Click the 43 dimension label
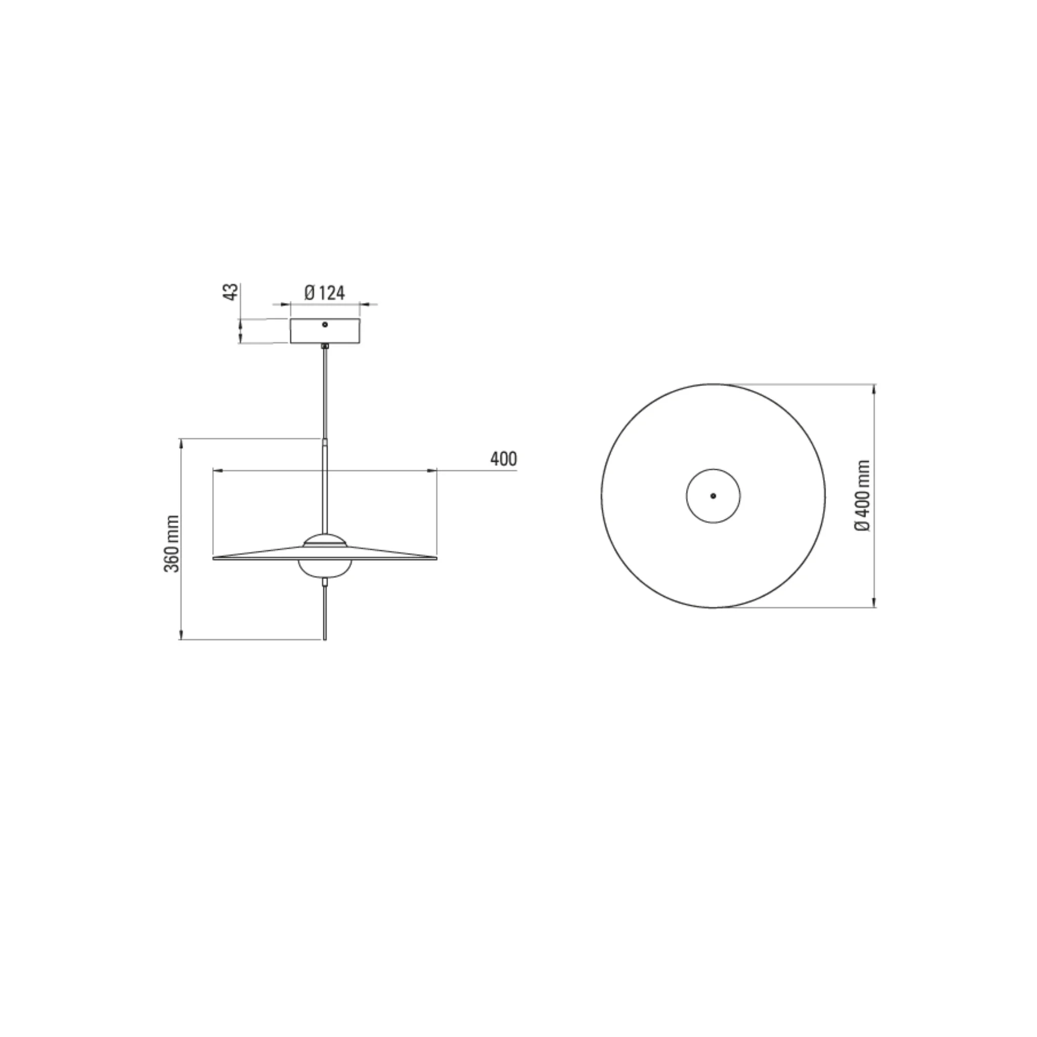coord(231,292)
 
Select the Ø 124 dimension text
coord(325,293)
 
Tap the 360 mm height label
coord(172,543)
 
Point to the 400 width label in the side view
coord(503,459)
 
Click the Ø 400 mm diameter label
coord(863,495)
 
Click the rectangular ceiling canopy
coord(325,331)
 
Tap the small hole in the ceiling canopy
coord(325,324)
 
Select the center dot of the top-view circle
coord(713,496)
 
